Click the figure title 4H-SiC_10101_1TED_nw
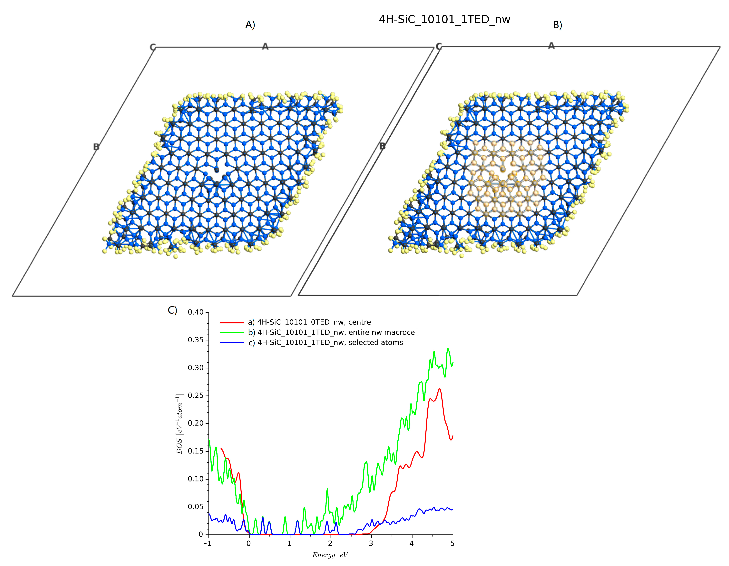pos(444,19)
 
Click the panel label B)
pos(558,25)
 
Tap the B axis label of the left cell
pos(96,147)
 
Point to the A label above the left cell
pos(265,46)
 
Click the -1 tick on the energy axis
pos(207,543)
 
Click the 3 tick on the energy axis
pos(371,543)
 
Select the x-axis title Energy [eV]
pos(330,555)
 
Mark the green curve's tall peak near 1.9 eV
pos(327,489)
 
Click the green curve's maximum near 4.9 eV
pos(448,348)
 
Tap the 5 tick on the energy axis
pos(452,543)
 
